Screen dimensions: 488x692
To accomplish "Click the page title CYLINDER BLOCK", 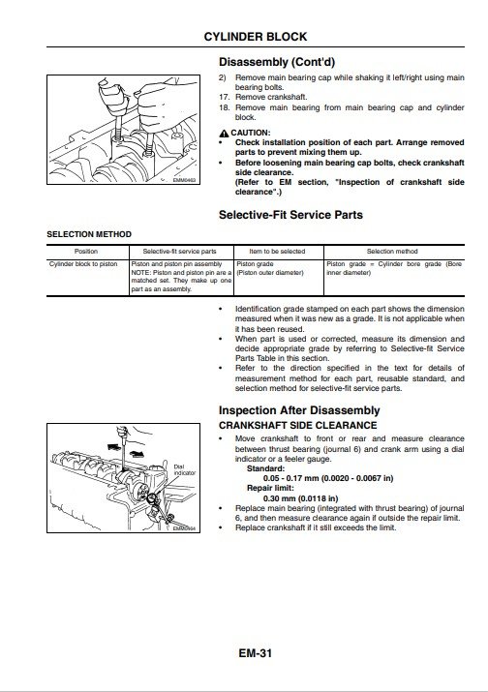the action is [x=256, y=37].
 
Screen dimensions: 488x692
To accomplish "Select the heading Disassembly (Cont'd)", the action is [x=277, y=62].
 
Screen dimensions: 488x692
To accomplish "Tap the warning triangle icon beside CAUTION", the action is [x=224, y=134].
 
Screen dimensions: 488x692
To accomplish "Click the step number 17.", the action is [x=225, y=97].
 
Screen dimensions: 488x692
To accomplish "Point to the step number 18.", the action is [x=225, y=107].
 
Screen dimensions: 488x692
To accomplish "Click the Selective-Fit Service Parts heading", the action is [x=290, y=215].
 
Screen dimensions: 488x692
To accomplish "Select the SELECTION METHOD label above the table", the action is [x=89, y=234].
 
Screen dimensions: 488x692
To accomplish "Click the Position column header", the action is [x=86, y=252].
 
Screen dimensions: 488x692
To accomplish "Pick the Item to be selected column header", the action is [x=277, y=252].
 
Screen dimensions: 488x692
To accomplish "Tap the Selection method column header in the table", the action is [x=392, y=252].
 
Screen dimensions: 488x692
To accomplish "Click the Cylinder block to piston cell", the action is [x=83, y=264].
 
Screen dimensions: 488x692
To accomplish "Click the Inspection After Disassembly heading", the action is [x=299, y=410].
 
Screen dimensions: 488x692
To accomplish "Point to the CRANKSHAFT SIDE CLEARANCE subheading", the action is [x=297, y=426].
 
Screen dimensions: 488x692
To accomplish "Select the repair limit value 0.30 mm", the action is [x=280, y=498].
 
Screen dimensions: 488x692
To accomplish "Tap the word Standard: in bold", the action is [x=266, y=468].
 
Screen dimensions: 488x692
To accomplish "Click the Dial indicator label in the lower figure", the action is [x=184, y=470].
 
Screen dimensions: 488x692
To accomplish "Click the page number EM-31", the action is [x=256, y=653].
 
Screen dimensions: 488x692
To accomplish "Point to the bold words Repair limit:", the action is [x=270, y=488].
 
